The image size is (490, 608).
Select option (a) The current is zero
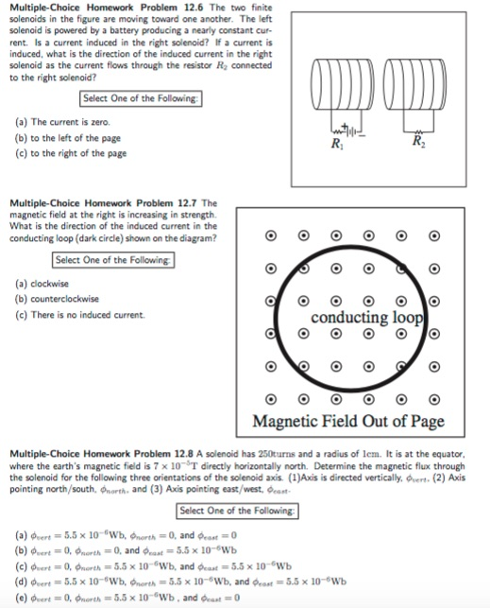(x=62, y=123)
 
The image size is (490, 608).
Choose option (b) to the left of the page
(x=71, y=138)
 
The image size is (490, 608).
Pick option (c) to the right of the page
(x=73, y=153)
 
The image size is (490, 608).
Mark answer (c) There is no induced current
(x=80, y=314)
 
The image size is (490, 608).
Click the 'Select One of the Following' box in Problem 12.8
(x=238, y=512)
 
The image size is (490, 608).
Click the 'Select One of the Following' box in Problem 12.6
(x=141, y=98)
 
